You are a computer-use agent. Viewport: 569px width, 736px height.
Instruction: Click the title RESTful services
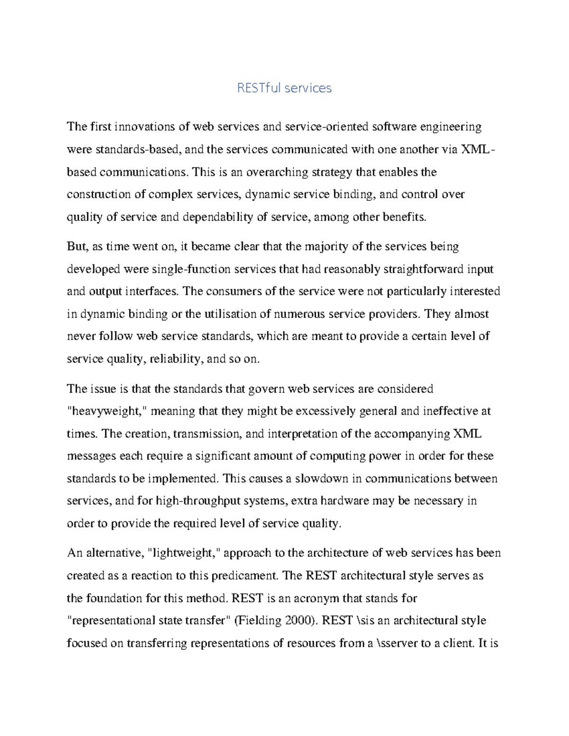click(284, 88)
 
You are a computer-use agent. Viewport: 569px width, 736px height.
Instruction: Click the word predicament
click(244, 576)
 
